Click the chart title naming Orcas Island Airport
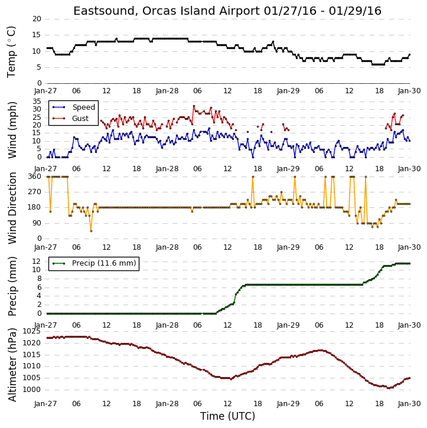coord(227,11)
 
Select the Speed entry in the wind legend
coord(83,107)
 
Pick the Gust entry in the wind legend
coord(80,119)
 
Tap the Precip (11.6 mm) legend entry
coord(104,263)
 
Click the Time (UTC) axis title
coord(227,416)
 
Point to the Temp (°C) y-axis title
coord(11,52)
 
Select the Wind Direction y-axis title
coord(12,208)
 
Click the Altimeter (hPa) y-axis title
coord(12,365)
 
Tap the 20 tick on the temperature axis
coord(37,19)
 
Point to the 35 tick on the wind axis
coord(37,102)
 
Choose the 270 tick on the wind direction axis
coord(35,192)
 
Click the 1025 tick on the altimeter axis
coord(31,331)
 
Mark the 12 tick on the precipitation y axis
coord(37,262)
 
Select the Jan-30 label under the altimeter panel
coord(409,404)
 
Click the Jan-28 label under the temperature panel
coord(167,91)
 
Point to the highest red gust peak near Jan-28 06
coord(194,106)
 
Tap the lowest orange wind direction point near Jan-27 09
coord(91,231)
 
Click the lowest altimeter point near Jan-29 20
coord(388,388)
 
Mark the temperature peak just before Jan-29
coord(273,42)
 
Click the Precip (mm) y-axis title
coord(12,286)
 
